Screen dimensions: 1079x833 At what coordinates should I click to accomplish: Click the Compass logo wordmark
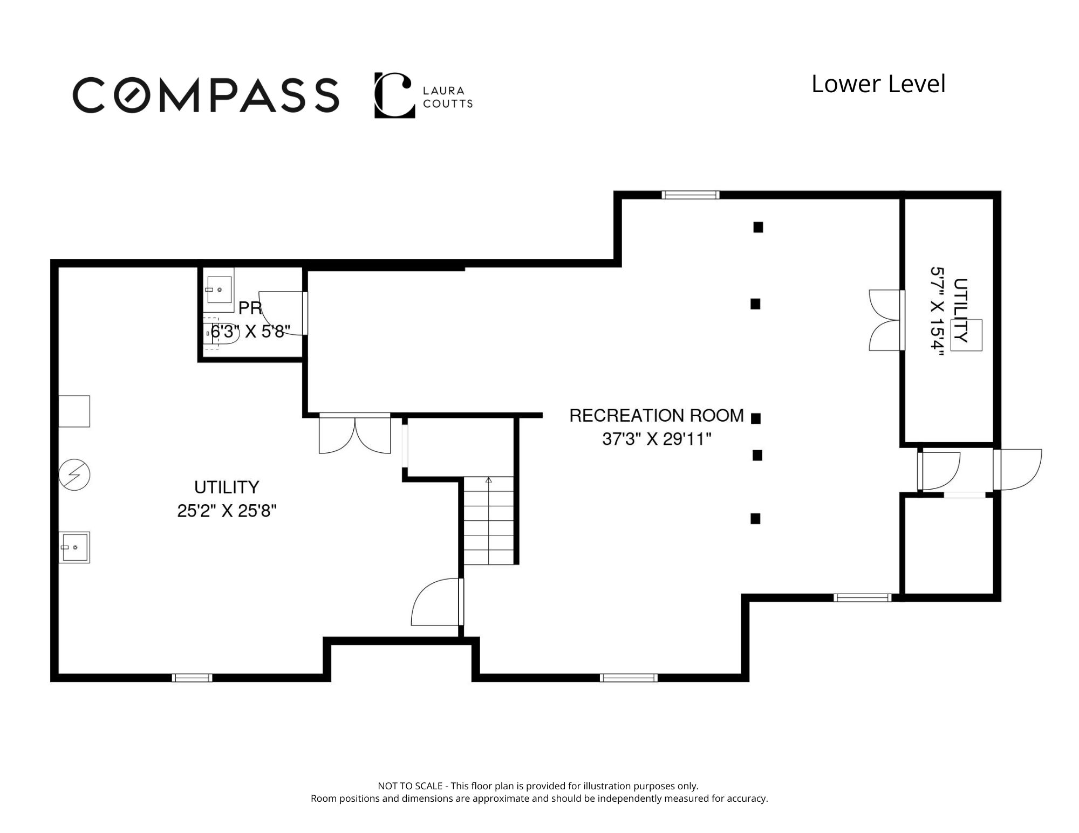(x=206, y=95)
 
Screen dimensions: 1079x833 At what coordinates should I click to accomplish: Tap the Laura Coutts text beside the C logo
(x=447, y=97)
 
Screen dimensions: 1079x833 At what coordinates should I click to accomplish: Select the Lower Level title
(x=878, y=84)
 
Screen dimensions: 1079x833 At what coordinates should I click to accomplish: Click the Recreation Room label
(x=657, y=415)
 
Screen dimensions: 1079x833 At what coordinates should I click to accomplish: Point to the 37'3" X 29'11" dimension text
(x=657, y=439)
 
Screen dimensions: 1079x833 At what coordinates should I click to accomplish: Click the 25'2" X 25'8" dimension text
(x=227, y=510)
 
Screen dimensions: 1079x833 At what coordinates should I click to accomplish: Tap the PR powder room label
(x=250, y=308)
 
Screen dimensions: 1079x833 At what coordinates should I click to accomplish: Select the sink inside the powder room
(x=218, y=290)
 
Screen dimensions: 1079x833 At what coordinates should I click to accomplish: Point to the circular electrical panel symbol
(x=74, y=474)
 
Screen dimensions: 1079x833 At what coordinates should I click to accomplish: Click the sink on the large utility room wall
(x=74, y=547)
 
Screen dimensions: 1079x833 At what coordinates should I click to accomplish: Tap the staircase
(x=489, y=520)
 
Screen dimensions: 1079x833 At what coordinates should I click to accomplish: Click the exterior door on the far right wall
(x=1017, y=470)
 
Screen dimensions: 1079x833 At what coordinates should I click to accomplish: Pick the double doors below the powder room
(x=355, y=433)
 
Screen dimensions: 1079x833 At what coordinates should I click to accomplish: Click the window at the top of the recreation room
(x=691, y=195)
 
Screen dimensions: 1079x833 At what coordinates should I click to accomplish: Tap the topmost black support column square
(x=758, y=228)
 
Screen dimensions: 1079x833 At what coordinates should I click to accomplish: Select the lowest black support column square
(x=755, y=519)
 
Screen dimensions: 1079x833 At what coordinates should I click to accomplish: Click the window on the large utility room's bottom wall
(x=192, y=678)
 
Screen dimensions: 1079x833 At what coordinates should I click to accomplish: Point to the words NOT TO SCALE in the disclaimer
(x=410, y=786)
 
